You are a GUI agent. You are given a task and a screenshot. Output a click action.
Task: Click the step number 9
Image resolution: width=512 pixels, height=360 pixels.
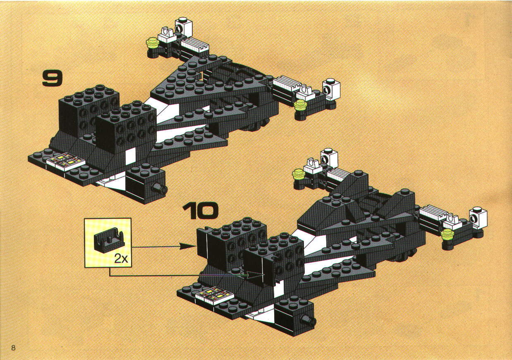(52, 78)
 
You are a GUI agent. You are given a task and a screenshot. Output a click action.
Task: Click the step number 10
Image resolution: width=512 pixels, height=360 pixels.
(200, 211)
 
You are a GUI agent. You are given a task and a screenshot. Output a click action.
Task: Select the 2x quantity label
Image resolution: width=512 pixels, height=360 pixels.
(121, 259)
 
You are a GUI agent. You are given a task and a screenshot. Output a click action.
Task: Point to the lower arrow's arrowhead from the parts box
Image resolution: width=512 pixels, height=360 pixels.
(256, 275)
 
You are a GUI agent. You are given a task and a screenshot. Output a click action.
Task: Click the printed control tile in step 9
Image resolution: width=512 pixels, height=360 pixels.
(65, 161)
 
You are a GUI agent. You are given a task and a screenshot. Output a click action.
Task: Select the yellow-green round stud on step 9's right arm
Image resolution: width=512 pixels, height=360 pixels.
(301, 105)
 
